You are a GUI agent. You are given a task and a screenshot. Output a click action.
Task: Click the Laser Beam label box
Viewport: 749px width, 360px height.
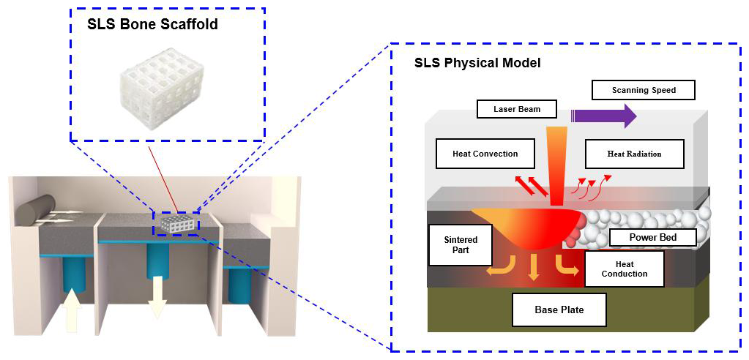pos(516,109)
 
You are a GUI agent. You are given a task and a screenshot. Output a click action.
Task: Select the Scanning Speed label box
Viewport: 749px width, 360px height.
pos(643,90)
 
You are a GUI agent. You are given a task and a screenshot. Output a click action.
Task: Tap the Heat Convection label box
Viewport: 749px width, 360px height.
pos(485,154)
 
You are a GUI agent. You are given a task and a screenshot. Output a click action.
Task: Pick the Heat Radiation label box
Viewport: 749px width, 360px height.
pos(634,154)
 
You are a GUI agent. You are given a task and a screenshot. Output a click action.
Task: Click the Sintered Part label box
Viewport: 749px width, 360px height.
pos(461,244)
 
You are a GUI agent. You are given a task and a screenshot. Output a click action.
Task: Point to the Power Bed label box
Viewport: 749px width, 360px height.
pos(652,237)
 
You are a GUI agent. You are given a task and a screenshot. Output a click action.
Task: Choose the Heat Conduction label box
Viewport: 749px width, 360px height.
pos(624,269)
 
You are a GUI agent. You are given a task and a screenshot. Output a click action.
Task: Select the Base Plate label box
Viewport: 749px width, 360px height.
pos(559,310)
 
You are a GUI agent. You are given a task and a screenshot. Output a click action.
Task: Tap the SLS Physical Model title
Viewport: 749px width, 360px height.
pos(477,63)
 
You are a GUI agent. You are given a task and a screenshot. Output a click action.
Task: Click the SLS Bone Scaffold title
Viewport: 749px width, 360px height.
pos(152,24)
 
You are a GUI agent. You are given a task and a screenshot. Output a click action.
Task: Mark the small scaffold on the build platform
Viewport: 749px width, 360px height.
pos(176,224)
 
